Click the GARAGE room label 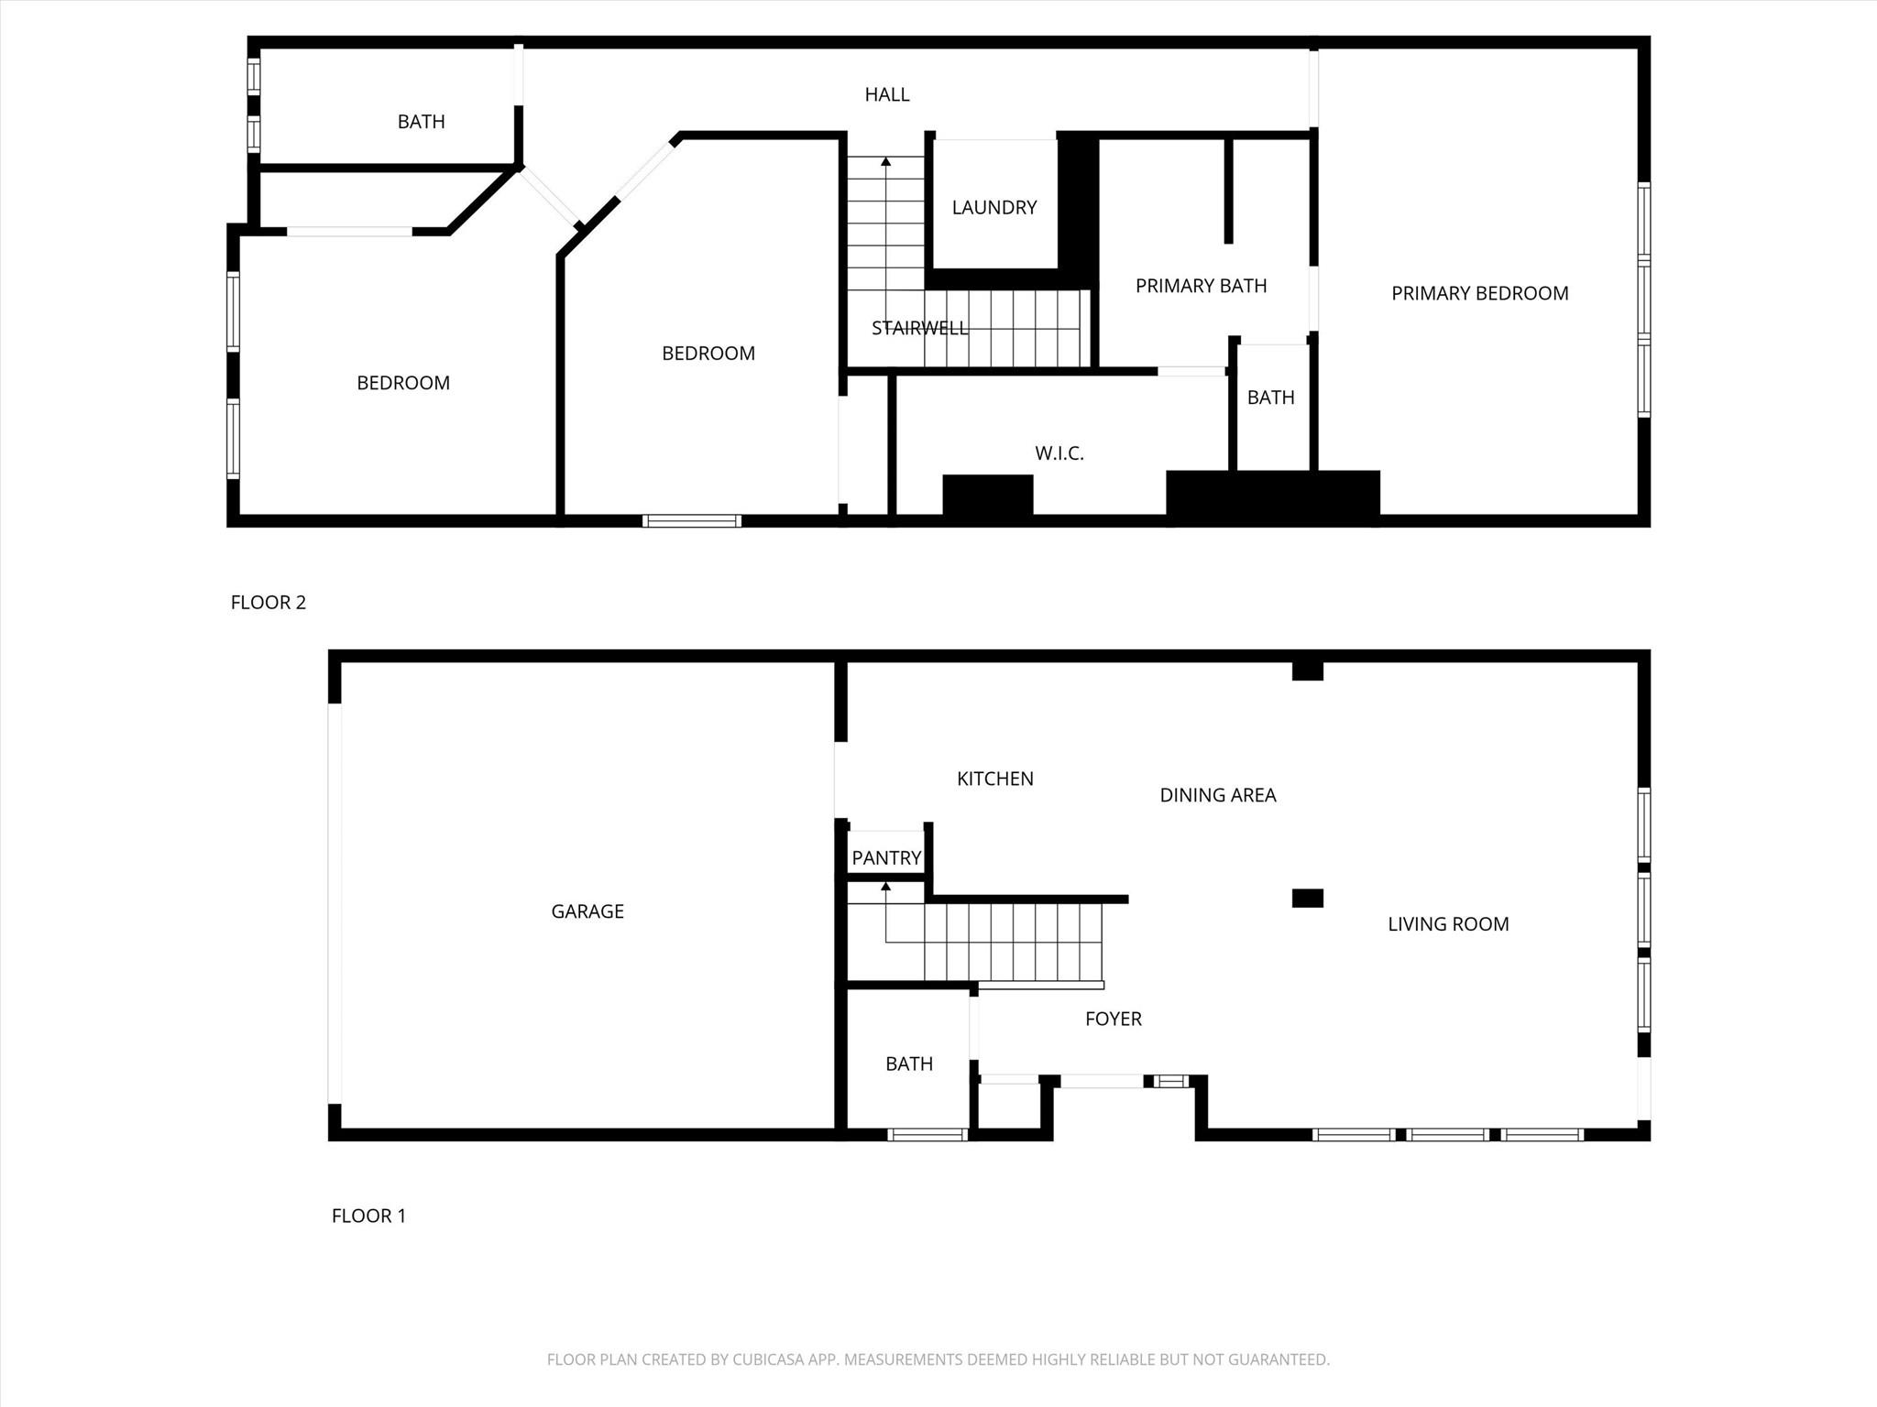click(x=587, y=911)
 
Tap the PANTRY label click(x=886, y=858)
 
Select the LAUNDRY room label click(x=994, y=208)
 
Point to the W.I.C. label click(x=1059, y=453)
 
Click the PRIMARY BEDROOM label click(x=1480, y=293)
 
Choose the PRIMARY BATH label click(x=1202, y=286)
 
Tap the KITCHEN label click(x=995, y=779)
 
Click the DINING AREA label click(x=1218, y=795)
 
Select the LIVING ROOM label click(x=1448, y=924)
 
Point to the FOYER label click(x=1114, y=1019)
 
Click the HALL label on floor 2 click(x=887, y=94)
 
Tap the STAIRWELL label click(x=919, y=328)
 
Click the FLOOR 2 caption click(x=269, y=603)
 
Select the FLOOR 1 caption click(x=368, y=1216)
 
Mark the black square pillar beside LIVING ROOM click(x=1308, y=898)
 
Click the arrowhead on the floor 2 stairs click(x=886, y=162)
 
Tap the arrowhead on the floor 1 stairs click(x=886, y=887)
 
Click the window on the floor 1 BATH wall click(x=928, y=1135)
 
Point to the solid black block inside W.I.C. click(x=988, y=496)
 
